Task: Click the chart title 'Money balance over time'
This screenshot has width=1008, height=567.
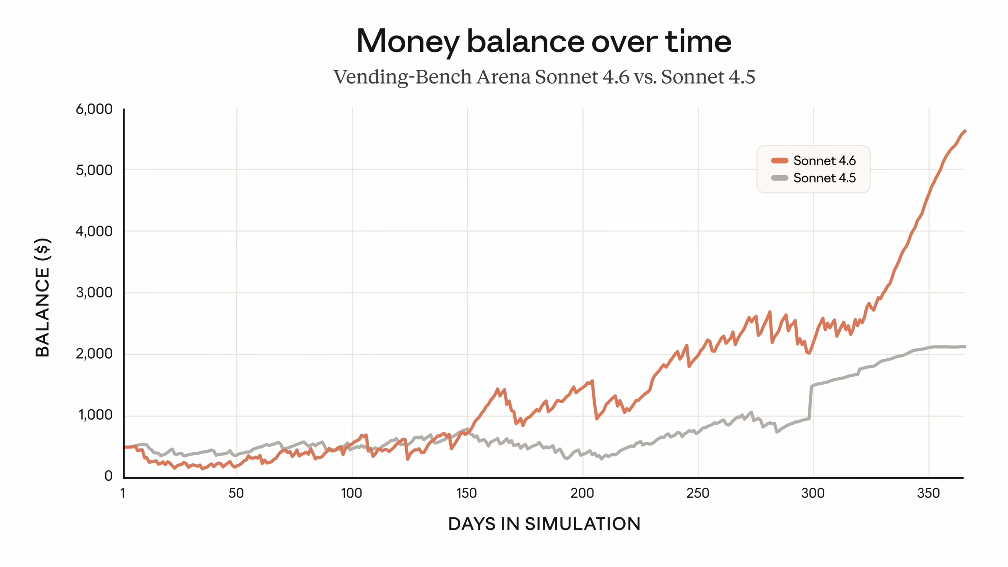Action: point(543,42)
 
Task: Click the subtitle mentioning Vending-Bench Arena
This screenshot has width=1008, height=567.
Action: point(544,77)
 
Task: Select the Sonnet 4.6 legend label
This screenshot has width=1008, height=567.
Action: point(824,161)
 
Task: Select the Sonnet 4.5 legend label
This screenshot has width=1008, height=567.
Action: point(824,178)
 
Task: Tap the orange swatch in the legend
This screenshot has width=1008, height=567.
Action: point(779,161)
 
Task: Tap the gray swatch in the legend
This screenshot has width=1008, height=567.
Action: point(779,178)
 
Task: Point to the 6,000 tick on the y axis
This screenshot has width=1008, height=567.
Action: point(94,109)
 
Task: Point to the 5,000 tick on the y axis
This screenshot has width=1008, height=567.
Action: point(94,170)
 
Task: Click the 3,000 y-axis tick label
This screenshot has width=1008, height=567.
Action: point(94,293)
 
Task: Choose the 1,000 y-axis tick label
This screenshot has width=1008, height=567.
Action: point(95,415)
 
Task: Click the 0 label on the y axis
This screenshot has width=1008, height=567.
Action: point(108,476)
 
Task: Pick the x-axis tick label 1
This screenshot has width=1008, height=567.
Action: point(123,493)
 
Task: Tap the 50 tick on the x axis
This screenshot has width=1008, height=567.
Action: point(236,493)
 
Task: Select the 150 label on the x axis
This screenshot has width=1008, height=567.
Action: point(467,493)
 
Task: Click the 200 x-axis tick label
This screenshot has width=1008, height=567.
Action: point(582,493)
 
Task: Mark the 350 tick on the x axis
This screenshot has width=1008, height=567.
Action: point(928,493)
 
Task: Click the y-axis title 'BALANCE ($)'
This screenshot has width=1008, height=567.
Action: point(43,298)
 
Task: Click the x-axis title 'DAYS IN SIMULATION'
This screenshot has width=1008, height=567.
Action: point(544,524)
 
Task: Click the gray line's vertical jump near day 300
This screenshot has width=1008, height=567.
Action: point(810,402)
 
